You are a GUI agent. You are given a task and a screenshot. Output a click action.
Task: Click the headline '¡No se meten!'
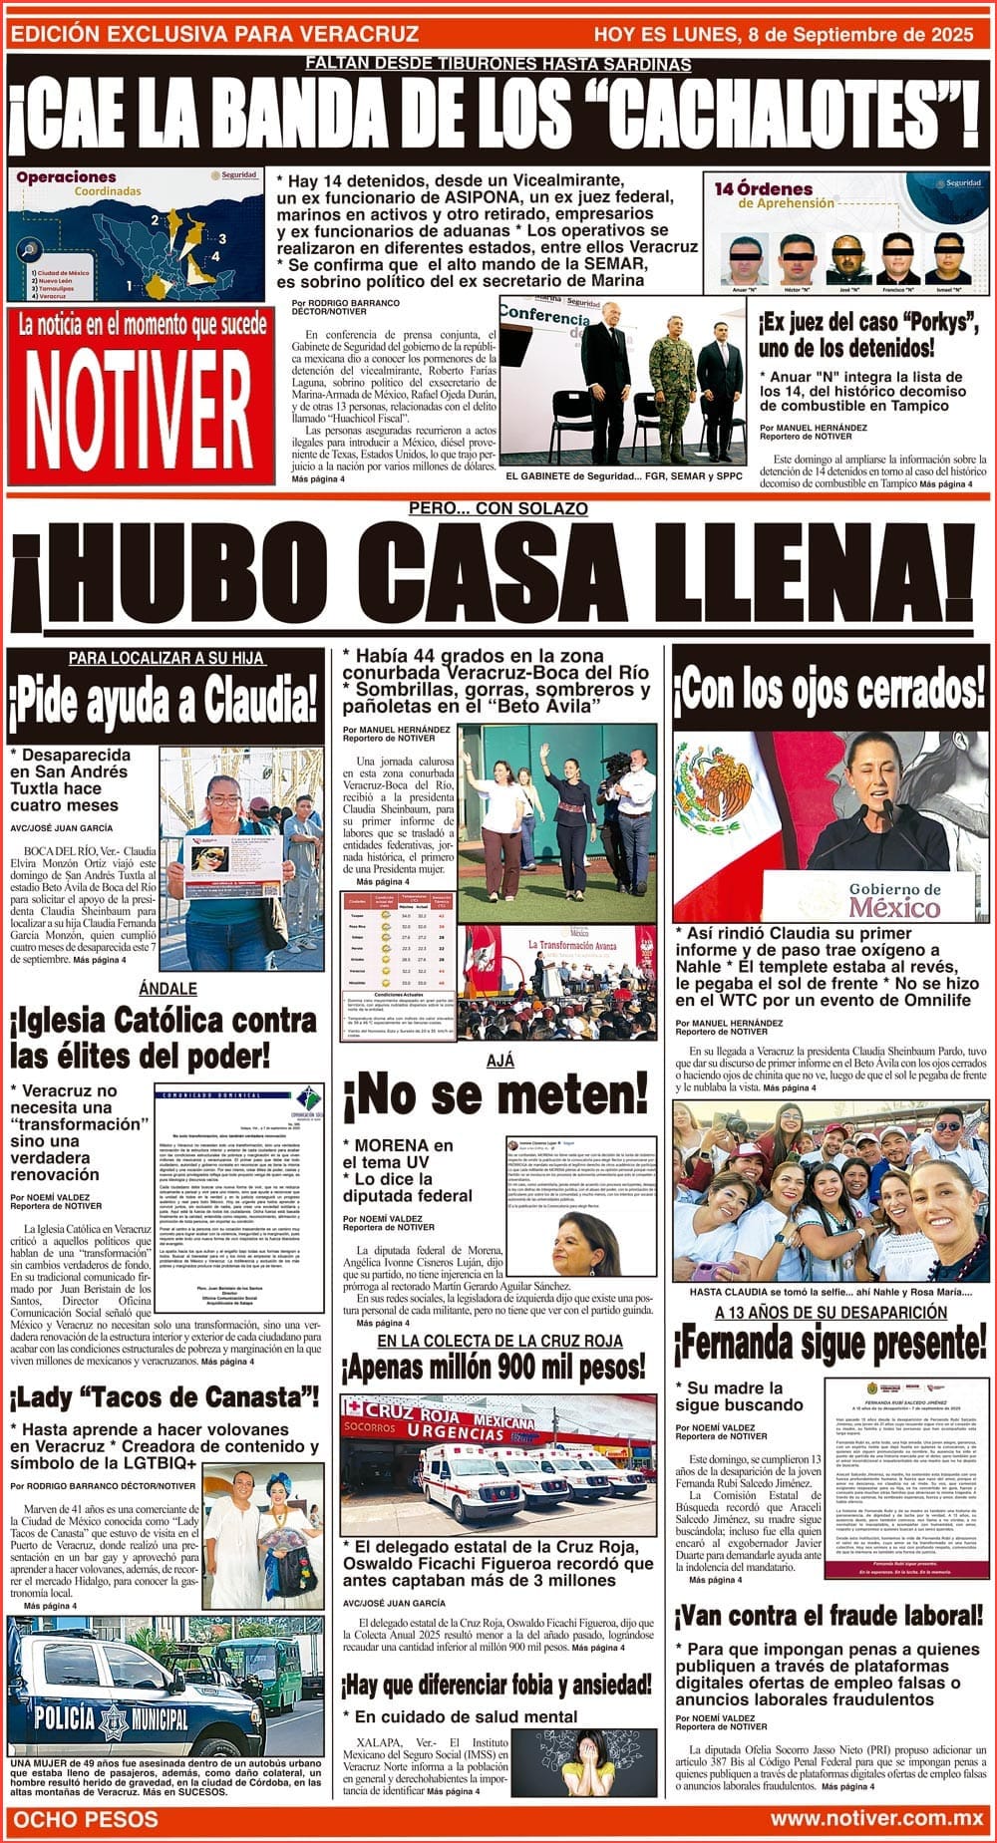click(x=496, y=1096)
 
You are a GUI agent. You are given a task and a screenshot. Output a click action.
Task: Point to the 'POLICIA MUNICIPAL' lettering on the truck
click(x=111, y=1718)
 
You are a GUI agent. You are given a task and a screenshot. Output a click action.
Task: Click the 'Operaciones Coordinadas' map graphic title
click(x=66, y=183)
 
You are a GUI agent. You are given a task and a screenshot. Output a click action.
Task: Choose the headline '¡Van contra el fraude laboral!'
click(x=829, y=1615)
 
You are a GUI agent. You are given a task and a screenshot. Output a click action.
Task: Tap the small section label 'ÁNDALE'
click(x=167, y=989)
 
